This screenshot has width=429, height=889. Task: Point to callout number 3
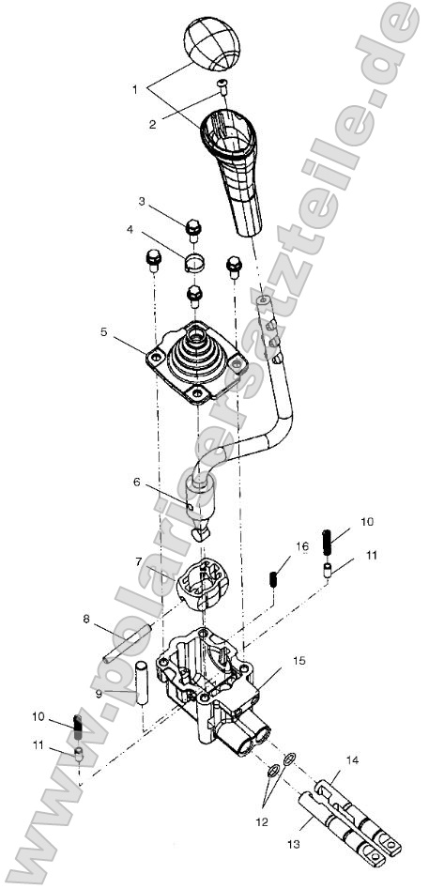pos(142,201)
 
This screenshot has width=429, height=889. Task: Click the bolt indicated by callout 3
pos(194,226)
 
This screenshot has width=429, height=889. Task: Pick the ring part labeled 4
pos(193,260)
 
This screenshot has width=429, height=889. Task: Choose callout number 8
pos(87,620)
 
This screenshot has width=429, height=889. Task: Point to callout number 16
pos(276,545)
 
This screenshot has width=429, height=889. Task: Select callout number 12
pos(263,822)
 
